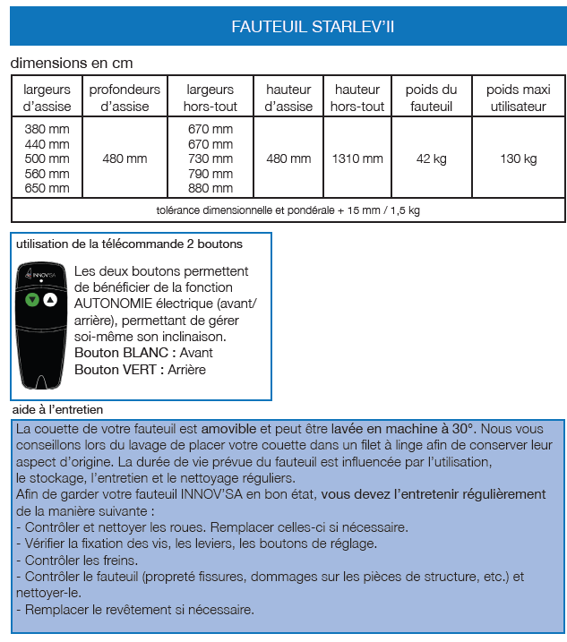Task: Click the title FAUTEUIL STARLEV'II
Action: pyautogui.click(x=313, y=27)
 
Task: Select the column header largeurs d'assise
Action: pyautogui.click(x=47, y=98)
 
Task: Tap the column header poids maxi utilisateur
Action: pyautogui.click(x=517, y=98)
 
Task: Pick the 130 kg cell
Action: pyautogui.click(x=518, y=158)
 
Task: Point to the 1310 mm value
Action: pyautogui.click(x=357, y=158)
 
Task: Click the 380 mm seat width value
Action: pyautogui.click(x=47, y=129)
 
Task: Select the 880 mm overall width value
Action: pyautogui.click(x=210, y=188)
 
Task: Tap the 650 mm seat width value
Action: pyautogui.click(x=47, y=188)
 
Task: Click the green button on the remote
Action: pyautogui.click(x=32, y=300)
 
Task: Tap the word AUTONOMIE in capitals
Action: pyautogui.click(x=115, y=304)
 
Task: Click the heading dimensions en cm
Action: pyautogui.click(x=71, y=64)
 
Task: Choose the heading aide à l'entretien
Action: pyautogui.click(x=58, y=409)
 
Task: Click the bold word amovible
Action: pyautogui.click(x=228, y=429)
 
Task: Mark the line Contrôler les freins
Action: pyautogui.click(x=77, y=560)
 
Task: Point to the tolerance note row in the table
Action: pyautogui.click(x=288, y=210)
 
